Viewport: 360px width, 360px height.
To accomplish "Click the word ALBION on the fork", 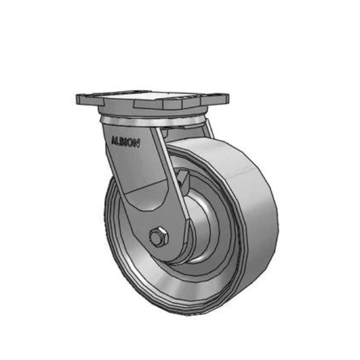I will pyautogui.click(x=125, y=142).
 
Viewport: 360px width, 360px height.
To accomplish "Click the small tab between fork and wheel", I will pyautogui.click(x=184, y=179).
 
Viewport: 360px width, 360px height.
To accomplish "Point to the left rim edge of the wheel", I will pyautogui.click(x=109, y=228).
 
